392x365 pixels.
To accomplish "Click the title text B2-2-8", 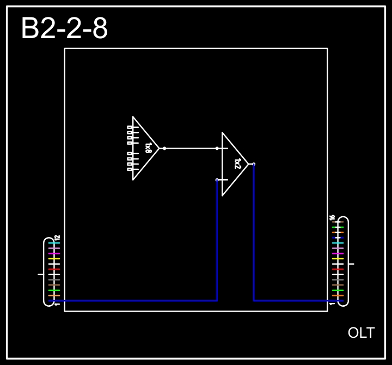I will [64, 29].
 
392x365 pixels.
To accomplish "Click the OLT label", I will [361, 332].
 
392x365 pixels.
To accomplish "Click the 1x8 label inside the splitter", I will [148, 148].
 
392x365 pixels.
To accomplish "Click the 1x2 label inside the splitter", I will [237, 163].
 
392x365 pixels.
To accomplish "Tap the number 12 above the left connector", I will [57, 238].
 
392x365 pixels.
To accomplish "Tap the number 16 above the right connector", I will [332, 217].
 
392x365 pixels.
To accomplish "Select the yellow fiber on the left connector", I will [54, 259].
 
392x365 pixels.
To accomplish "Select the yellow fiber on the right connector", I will [338, 259].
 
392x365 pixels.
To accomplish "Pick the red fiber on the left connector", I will [54, 269].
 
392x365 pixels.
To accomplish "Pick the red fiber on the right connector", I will [338, 269].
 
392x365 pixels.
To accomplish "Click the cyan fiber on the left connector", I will [54, 243].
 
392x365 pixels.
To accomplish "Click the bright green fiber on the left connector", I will [54, 290].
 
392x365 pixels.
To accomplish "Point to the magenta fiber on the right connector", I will [338, 253].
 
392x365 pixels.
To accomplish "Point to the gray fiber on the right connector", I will [338, 279].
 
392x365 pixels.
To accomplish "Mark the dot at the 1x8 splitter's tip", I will [164, 148].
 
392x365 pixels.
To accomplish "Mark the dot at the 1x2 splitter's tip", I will [254, 163].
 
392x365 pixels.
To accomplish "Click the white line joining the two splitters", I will [191, 148].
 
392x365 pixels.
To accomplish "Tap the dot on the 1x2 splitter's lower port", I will [217, 179].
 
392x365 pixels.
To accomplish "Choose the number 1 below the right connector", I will [332, 304].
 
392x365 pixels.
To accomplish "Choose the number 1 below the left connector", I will [57, 304].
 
